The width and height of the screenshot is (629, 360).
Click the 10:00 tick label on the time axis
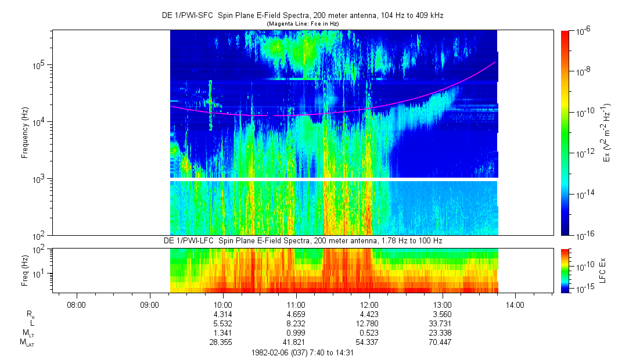coord(223,304)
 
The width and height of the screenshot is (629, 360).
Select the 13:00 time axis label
coord(443,304)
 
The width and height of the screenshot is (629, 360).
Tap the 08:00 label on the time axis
coord(77,304)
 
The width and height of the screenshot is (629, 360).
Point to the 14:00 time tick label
coord(515,304)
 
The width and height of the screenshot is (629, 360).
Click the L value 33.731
coord(443,323)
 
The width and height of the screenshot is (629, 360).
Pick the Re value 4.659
coord(296,314)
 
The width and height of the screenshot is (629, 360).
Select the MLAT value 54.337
coord(369,343)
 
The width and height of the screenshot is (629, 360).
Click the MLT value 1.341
coord(223,333)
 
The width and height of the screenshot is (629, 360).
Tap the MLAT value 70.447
coord(443,343)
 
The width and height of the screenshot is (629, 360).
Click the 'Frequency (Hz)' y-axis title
coord(25,132)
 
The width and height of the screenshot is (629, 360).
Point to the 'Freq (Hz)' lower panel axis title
coord(25,270)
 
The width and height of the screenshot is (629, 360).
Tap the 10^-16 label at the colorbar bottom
coord(584,235)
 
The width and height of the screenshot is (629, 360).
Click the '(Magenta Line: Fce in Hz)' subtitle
coord(303,23)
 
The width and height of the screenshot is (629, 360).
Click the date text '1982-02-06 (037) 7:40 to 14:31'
coord(303,352)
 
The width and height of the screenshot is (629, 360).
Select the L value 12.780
coord(369,323)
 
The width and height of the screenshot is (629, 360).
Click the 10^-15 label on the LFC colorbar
coord(584,288)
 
